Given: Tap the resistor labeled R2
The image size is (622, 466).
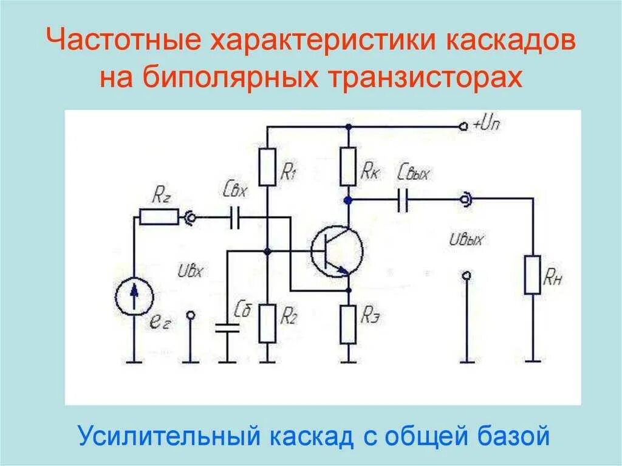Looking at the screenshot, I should click(268, 323).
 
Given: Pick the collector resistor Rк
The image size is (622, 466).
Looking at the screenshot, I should click(347, 165).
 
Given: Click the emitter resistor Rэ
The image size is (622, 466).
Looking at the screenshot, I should click(348, 324).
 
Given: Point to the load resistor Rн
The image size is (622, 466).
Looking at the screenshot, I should click(533, 275).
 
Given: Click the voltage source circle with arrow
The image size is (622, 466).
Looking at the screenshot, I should click(133, 296).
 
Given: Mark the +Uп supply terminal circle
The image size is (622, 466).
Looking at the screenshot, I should click(464, 126).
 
